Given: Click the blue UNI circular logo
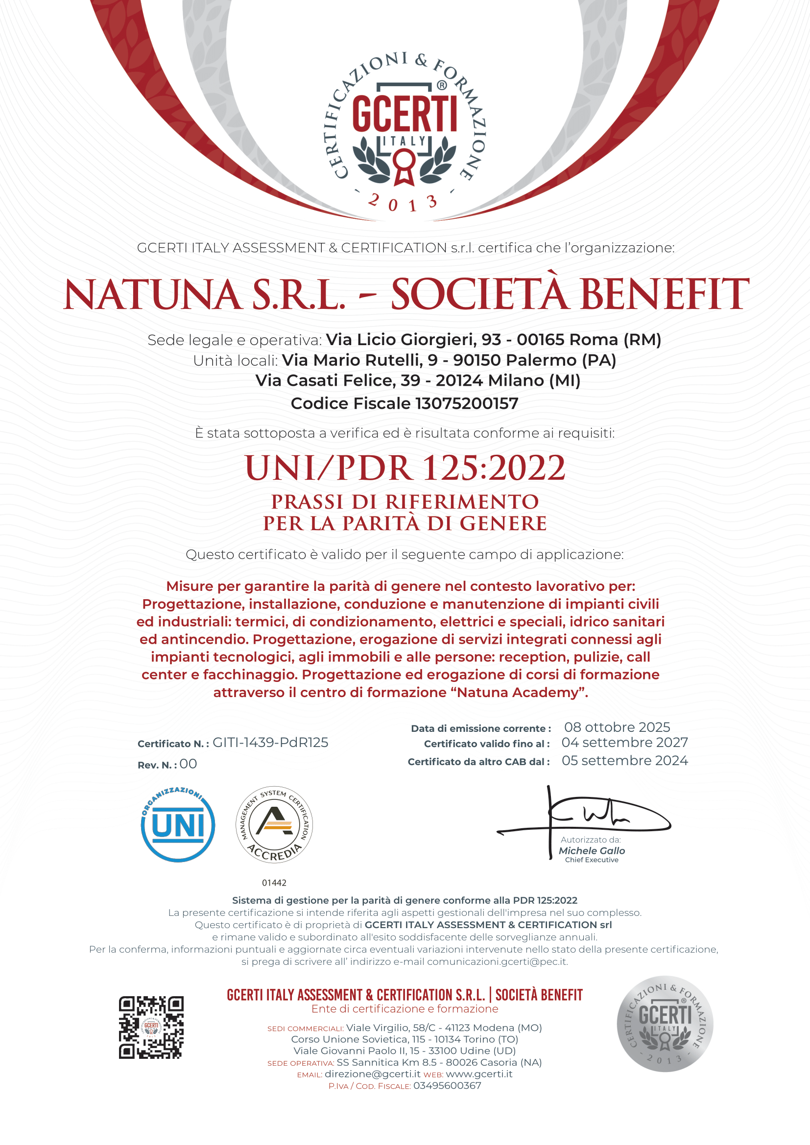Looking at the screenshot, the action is [178, 825].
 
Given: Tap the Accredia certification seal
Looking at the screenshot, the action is [274, 825].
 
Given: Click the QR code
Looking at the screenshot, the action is [151, 1028].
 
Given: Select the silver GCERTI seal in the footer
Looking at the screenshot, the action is [665, 1024].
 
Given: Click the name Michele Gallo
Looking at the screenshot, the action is [592, 851].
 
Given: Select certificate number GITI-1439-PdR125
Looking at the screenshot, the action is [270, 743].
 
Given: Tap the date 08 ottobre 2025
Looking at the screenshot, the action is [617, 727].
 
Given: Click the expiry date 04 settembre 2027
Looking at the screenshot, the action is [624, 743].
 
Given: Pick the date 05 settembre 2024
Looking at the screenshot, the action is [624, 761].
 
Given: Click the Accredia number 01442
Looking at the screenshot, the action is [274, 883].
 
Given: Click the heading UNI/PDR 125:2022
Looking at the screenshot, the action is [405, 468].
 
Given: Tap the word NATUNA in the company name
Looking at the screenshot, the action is [153, 295].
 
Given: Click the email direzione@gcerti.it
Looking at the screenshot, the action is [372, 1074].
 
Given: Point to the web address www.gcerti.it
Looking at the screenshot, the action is [479, 1074].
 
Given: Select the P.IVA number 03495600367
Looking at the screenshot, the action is [447, 1086].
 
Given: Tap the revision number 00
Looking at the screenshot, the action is [188, 764].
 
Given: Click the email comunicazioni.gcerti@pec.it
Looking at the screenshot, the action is [497, 961].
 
